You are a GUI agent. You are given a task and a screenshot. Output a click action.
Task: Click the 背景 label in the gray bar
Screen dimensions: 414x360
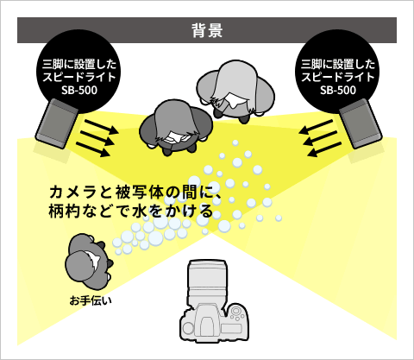pyautogui.click(x=207, y=30)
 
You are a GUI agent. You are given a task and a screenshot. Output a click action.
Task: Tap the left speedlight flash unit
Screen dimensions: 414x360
pyautogui.click(x=57, y=123)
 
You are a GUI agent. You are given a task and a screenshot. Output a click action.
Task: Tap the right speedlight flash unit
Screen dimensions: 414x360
pyautogui.click(x=361, y=123)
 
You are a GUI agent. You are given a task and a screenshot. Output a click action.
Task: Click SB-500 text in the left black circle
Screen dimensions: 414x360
pyautogui.click(x=79, y=91)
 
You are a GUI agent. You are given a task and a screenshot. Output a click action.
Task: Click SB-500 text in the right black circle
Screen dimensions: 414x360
pyautogui.click(x=338, y=91)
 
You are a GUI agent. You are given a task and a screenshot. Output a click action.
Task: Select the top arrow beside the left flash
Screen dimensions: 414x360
pyautogui.click(x=102, y=127)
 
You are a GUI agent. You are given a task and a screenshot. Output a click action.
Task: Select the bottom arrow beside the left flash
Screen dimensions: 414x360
pyautogui.click(x=93, y=149)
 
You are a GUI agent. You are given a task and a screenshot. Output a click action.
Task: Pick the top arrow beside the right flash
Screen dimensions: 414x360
pyautogui.click(x=316, y=127)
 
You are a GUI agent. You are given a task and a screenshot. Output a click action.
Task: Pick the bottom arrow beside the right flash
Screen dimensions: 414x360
pyautogui.click(x=324, y=149)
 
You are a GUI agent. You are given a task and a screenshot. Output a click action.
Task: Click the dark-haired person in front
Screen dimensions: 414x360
pyautogui.click(x=175, y=127)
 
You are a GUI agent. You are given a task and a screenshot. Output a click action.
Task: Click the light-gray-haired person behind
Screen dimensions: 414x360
pyautogui.click(x=235, y=91)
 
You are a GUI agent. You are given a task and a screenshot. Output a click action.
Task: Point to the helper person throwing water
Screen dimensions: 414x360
pyautogui.click(x=89, y=262)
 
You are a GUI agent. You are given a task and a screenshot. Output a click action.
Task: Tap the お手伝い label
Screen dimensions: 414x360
pyautogui.click(x=91, y=300)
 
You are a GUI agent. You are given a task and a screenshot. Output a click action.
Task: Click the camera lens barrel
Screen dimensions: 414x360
pyautogui.click(x=206, y=282)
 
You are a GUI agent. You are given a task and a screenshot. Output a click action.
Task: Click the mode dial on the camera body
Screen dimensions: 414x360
pyautogui.click(x=236, y=312)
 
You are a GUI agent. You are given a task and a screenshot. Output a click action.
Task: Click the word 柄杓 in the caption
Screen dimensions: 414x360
pyautogui.click(x=64, y=212)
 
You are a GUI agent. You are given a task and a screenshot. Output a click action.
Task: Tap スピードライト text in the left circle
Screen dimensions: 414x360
pyautogui.click(x=79, y=77)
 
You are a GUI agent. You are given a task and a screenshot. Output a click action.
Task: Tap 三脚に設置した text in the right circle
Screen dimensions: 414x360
pyautogui.click(x=338, y=64)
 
